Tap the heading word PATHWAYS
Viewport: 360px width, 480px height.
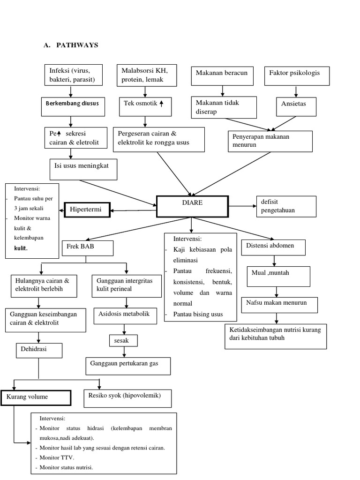coord(77,45)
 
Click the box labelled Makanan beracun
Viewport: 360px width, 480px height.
coord(223,76)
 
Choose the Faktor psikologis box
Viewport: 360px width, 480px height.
coord(297,76)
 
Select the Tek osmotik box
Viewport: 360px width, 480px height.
coord(144,106)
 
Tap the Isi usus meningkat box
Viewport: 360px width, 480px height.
coord(83,169)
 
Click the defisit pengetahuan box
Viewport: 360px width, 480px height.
coord(286,207)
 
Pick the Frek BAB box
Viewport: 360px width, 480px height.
coord(87,248)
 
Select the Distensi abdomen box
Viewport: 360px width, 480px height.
coord(273,247)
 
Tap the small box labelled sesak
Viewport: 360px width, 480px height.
coord(123,340)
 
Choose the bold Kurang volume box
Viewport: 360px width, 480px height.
coord(36,397)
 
